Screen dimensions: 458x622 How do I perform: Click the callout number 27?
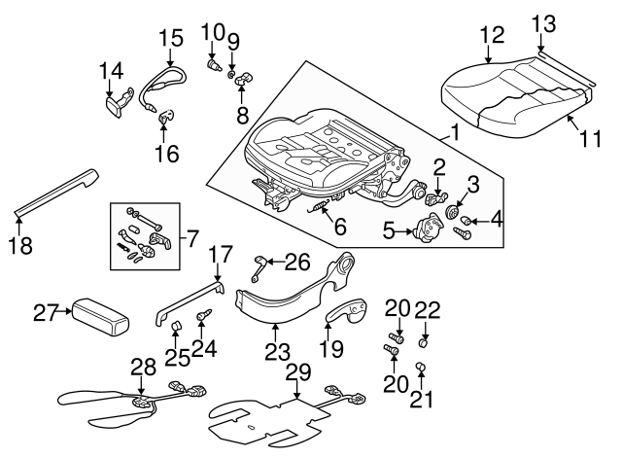click(47, 312)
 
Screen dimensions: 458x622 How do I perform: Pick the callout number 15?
click(170, 39)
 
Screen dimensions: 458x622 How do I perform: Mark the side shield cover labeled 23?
click(292, 292)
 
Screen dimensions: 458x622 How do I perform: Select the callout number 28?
click(143, 366)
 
